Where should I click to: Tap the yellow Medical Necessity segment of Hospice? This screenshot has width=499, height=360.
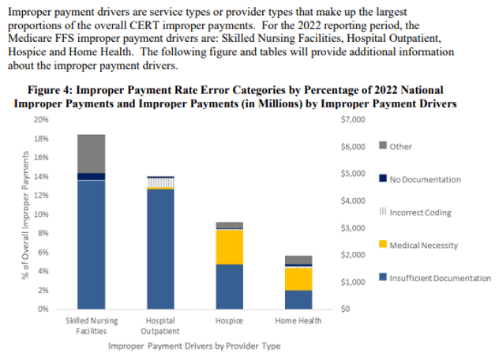click(x=229, y=246)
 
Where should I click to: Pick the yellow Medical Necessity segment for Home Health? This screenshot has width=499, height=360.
click(x=298, y=279)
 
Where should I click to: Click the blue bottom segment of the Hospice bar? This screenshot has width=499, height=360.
click(x=229, y=286)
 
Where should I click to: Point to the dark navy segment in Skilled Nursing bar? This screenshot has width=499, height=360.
click(x=92, y=176)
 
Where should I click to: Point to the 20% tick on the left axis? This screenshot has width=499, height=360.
click(x=41, y=120)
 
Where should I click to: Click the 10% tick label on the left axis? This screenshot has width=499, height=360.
click(x=41, y=214)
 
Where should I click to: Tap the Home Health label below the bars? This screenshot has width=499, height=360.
click(x=298, y=321)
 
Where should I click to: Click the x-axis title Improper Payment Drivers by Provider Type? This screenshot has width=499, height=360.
click(x=193, y=346)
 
